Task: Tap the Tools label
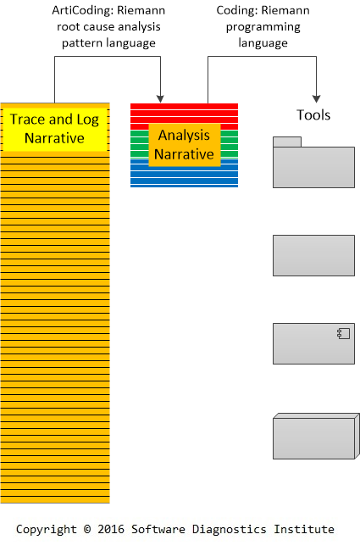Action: click(x=313, y=115)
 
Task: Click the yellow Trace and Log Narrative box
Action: click(x=55, y=129)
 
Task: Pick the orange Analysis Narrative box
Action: click(x=185, y=145)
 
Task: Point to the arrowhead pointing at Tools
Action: click(x=317, y=98)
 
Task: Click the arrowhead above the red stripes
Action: click(x=160, y=98)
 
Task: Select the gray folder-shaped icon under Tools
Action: click(x=313, y=163)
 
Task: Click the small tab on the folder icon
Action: click(x=287, y=142)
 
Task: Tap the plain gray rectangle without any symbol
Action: click(x=313, y=255)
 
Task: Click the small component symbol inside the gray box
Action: click(x=344, y=333)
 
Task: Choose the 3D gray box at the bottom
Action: click(x=316, y=436)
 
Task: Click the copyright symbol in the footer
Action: click(x=87, y=529)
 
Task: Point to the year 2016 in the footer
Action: click(x=111, y=529)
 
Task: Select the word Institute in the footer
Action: click(x=304, y=529)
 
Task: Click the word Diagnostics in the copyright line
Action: click(x=229, y=530)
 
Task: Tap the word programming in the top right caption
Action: click(x=263, y=27)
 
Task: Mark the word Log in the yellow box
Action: click(x=88, y=120)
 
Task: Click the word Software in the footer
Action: click(x=158, y=529)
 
